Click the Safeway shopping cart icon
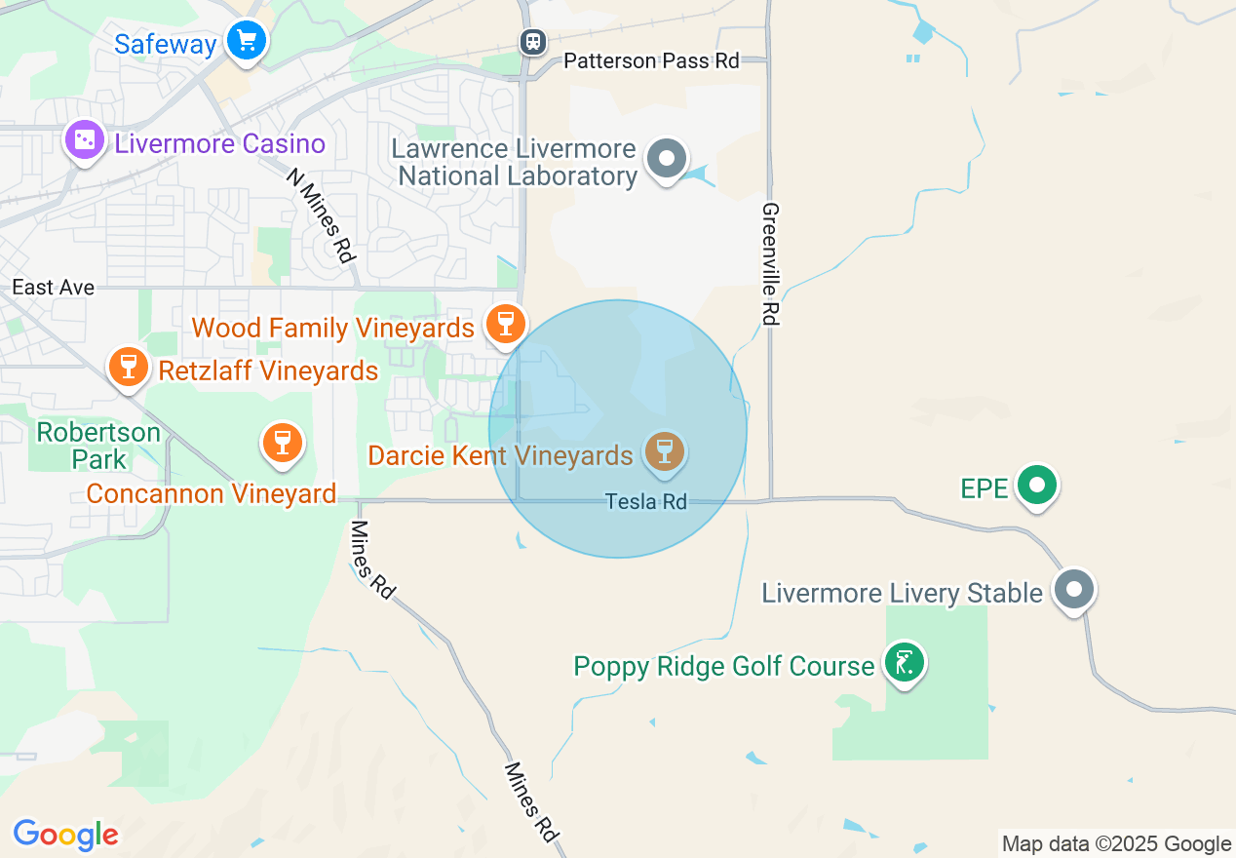[x=247, y=41]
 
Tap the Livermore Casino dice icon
[x=85, y=140]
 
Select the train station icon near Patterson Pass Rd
[x=532, y=41]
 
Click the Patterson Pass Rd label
[x=651, y=60]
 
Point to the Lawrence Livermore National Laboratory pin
[x=668, y=158]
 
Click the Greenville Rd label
[x=771, y=263]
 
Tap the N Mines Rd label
[x=319, y=215]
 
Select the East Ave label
[x=54, y=287]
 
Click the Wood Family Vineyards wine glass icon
[x=505, y=323]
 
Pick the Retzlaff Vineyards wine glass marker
[x=128, y=367]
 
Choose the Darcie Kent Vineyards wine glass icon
[x=665, y=451]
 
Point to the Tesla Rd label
[x=645, y=501]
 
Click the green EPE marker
[x=1037, y=484]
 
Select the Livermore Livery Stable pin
[x=1075, y=589]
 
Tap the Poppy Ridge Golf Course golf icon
[x=905, y=663]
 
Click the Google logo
[x=65, y=835]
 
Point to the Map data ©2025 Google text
[x=1116, y=844]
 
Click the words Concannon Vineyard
[x=212, y=493]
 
